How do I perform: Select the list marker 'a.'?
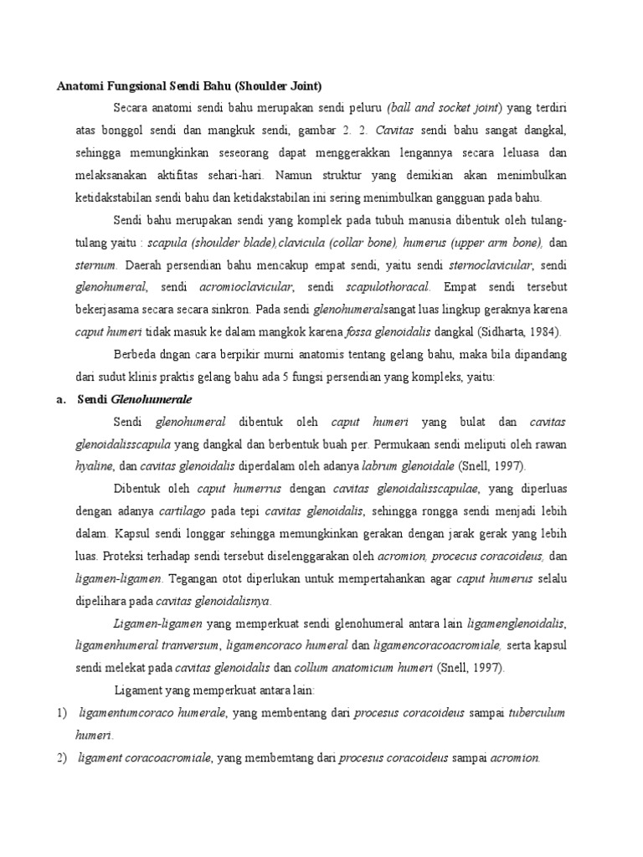(x=61, y=400)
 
